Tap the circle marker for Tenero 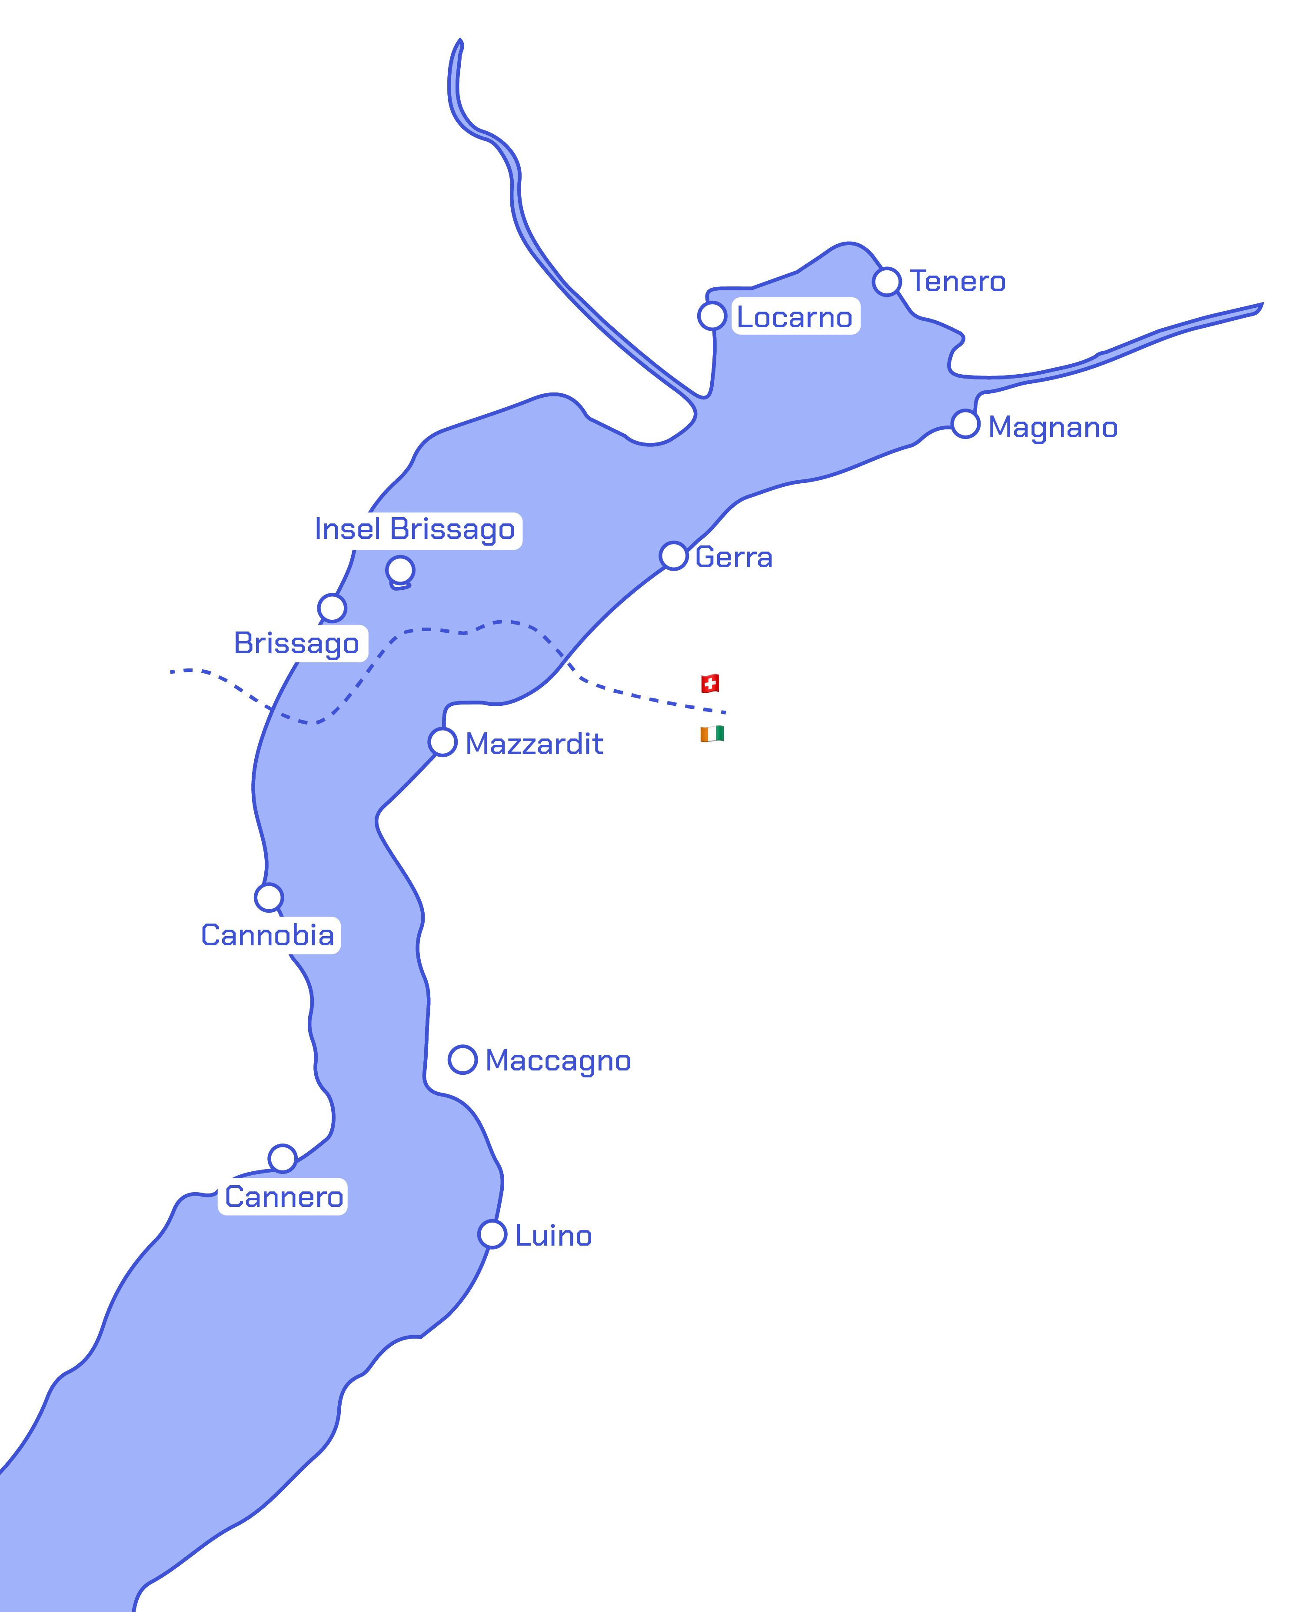tap(887, 282)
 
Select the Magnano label tap(1052, 427)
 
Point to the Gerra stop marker tap(674, 556)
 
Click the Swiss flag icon tap(710, 684)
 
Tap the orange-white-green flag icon tap(712, 734)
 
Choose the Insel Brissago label tap(415, 529)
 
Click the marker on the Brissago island tap(400, 570)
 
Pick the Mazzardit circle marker tap(442, 742)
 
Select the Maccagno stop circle tap(463, 1060)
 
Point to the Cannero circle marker tap(283, 1158)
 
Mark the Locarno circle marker tap(712, 316)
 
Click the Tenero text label tap(958, 282)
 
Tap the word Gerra tap(734, 557)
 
